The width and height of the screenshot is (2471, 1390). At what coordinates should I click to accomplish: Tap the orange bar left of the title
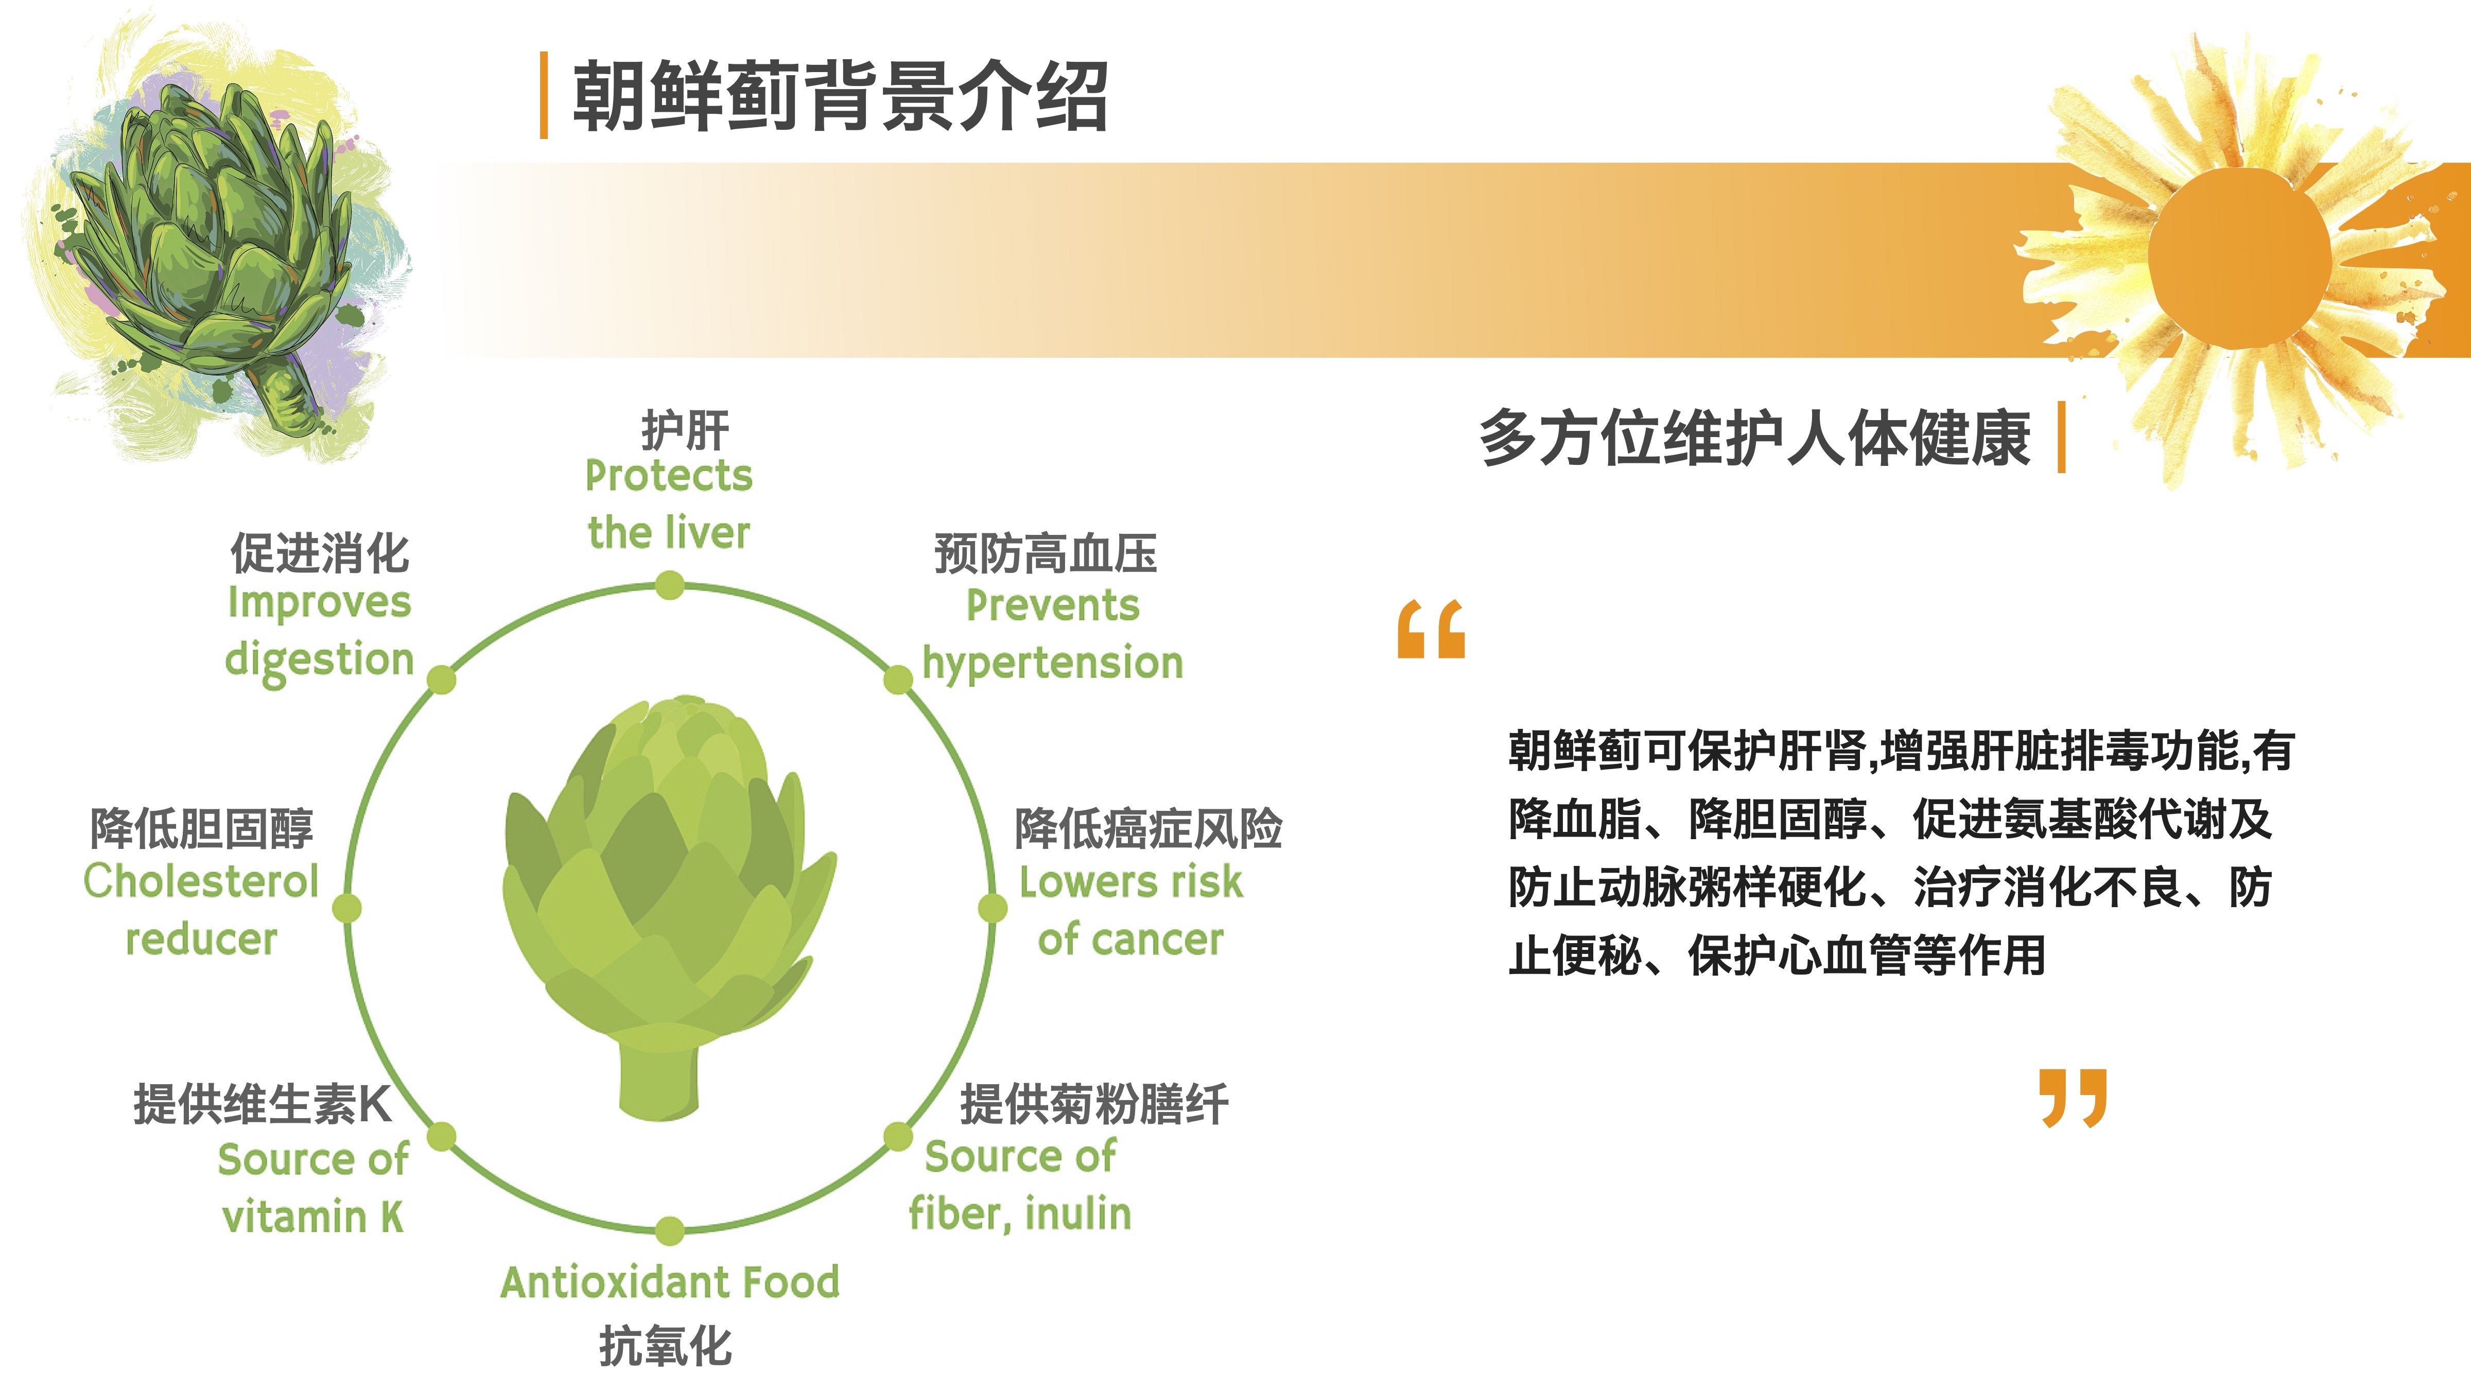coord(544,95)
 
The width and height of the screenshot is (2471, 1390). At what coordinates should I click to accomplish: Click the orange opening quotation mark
coord(1431,629)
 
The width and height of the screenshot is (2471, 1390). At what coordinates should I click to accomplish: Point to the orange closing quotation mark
coord(2073,1098)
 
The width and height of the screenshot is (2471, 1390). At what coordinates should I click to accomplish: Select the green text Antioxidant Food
coord(670,1281)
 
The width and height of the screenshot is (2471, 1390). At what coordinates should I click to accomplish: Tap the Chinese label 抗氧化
coord(666,1346)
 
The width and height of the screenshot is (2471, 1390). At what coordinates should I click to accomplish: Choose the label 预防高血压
coord(1046,553)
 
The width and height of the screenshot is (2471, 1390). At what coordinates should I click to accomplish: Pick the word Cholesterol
coord(200,881)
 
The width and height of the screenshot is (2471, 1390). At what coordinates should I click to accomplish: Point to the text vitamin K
coord(312,1217)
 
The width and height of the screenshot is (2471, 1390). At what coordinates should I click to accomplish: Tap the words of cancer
coord(1130,939)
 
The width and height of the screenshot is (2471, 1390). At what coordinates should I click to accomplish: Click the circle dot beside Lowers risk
coord(993,908)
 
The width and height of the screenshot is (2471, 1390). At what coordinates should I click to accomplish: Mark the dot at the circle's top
coord(670,584)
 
